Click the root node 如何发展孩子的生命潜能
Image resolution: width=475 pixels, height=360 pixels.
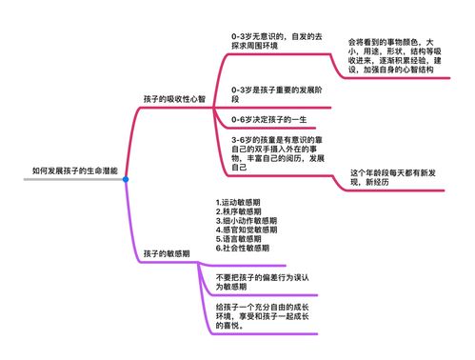coord(75,170)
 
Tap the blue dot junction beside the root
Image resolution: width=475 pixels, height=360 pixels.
coord(125,179)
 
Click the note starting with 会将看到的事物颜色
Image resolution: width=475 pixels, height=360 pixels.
coord(391,56)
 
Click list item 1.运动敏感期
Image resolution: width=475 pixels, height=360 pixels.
coord(242,202)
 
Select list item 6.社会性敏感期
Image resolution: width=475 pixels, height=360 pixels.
coord(245,248)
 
